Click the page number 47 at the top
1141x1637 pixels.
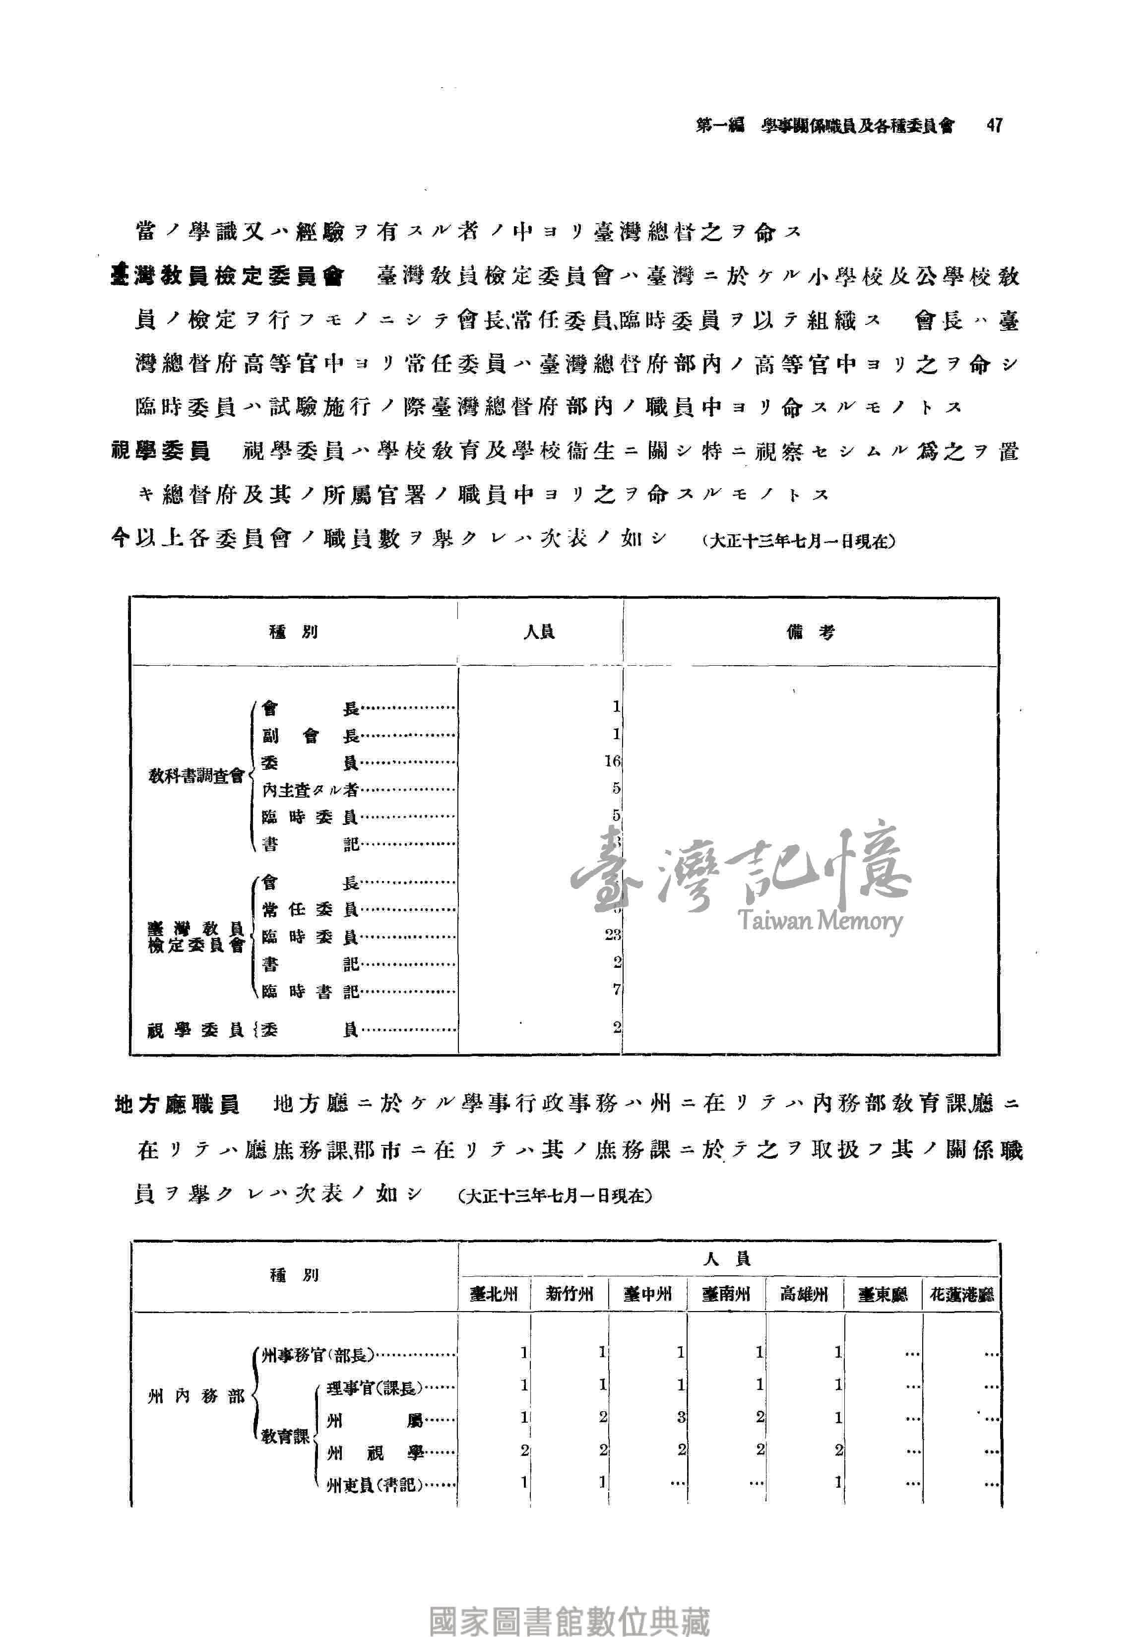[994, 126]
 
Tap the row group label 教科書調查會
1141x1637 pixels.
[195, 776]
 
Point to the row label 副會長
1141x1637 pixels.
[310, 736]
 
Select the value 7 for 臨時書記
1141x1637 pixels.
[617, 990]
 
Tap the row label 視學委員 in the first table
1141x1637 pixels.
[195, 1030]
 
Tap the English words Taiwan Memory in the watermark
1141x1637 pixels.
[820, 921]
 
